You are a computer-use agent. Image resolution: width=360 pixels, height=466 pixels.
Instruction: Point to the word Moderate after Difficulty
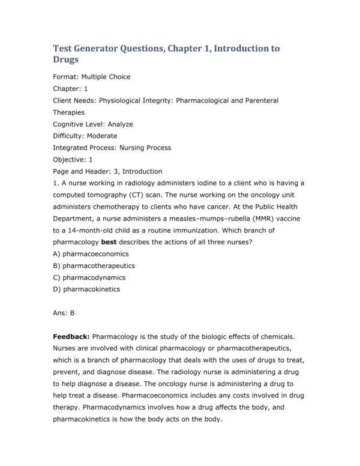102,136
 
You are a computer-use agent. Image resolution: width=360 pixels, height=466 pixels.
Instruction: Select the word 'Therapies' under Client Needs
69,112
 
